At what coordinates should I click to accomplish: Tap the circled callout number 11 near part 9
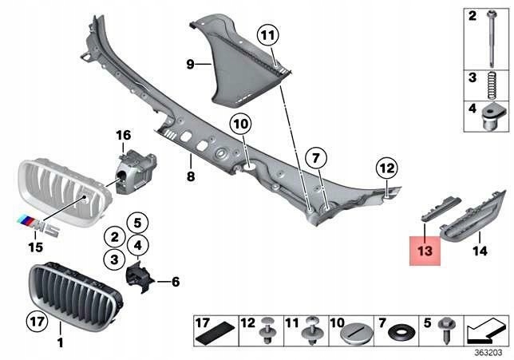(x=266, y=35)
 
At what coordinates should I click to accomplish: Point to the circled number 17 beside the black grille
(x=37, y=323)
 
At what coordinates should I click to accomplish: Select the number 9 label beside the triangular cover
(x=191, y=63)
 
